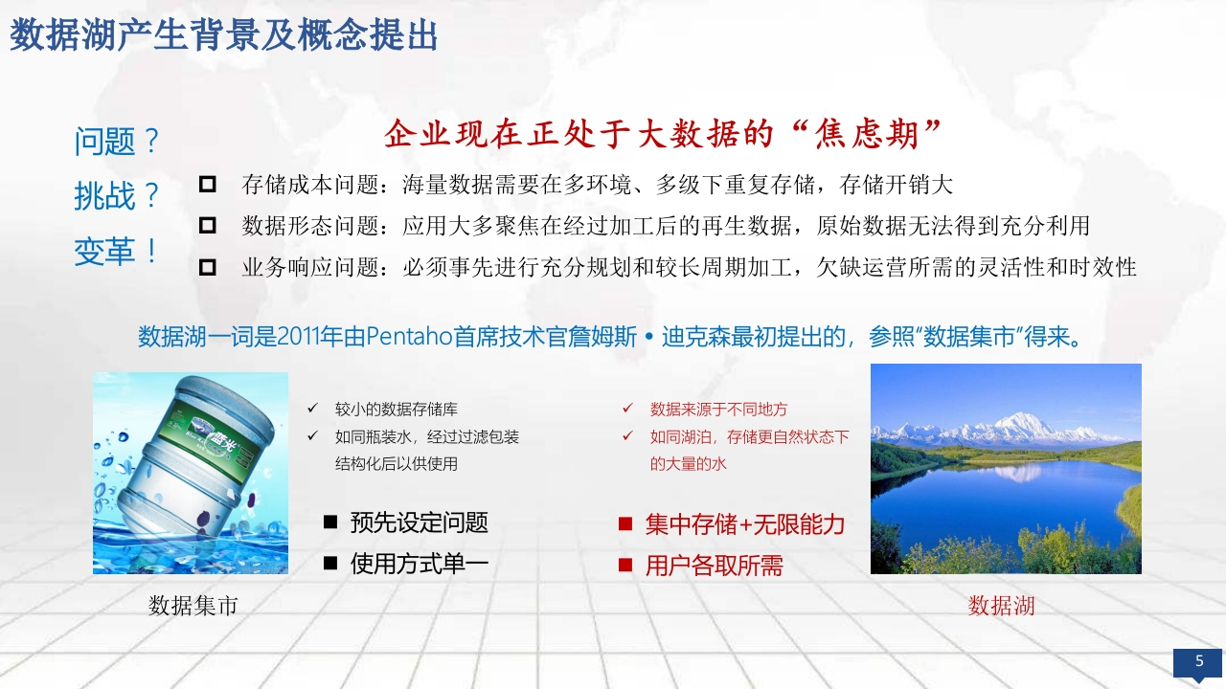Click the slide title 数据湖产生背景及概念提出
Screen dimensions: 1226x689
pos(223,35)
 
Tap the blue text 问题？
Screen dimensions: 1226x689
pos(117,141)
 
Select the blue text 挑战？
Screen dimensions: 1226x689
pos(117,196)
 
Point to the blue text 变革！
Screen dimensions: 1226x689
pos(116,252)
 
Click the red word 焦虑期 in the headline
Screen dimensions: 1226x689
pos(866,134)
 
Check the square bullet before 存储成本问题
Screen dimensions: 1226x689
pos(208,185)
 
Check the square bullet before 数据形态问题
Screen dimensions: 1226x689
pos(208,225)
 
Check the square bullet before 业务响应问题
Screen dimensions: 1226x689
pos(208,267)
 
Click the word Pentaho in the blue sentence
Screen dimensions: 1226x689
pos(409,336)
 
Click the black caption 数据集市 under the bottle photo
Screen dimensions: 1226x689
pos(193,606)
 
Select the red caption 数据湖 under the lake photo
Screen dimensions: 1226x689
pos(1001,606)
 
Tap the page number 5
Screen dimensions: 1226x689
pos(1199,660)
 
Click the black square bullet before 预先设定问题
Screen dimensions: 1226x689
pos(330,522)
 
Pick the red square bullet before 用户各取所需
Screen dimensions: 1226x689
pos(625,565)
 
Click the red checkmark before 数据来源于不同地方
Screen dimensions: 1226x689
pos(627,408)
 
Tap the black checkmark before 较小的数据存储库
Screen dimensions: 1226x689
pos(312,408)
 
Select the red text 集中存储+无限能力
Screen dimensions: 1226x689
pos(745,523)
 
